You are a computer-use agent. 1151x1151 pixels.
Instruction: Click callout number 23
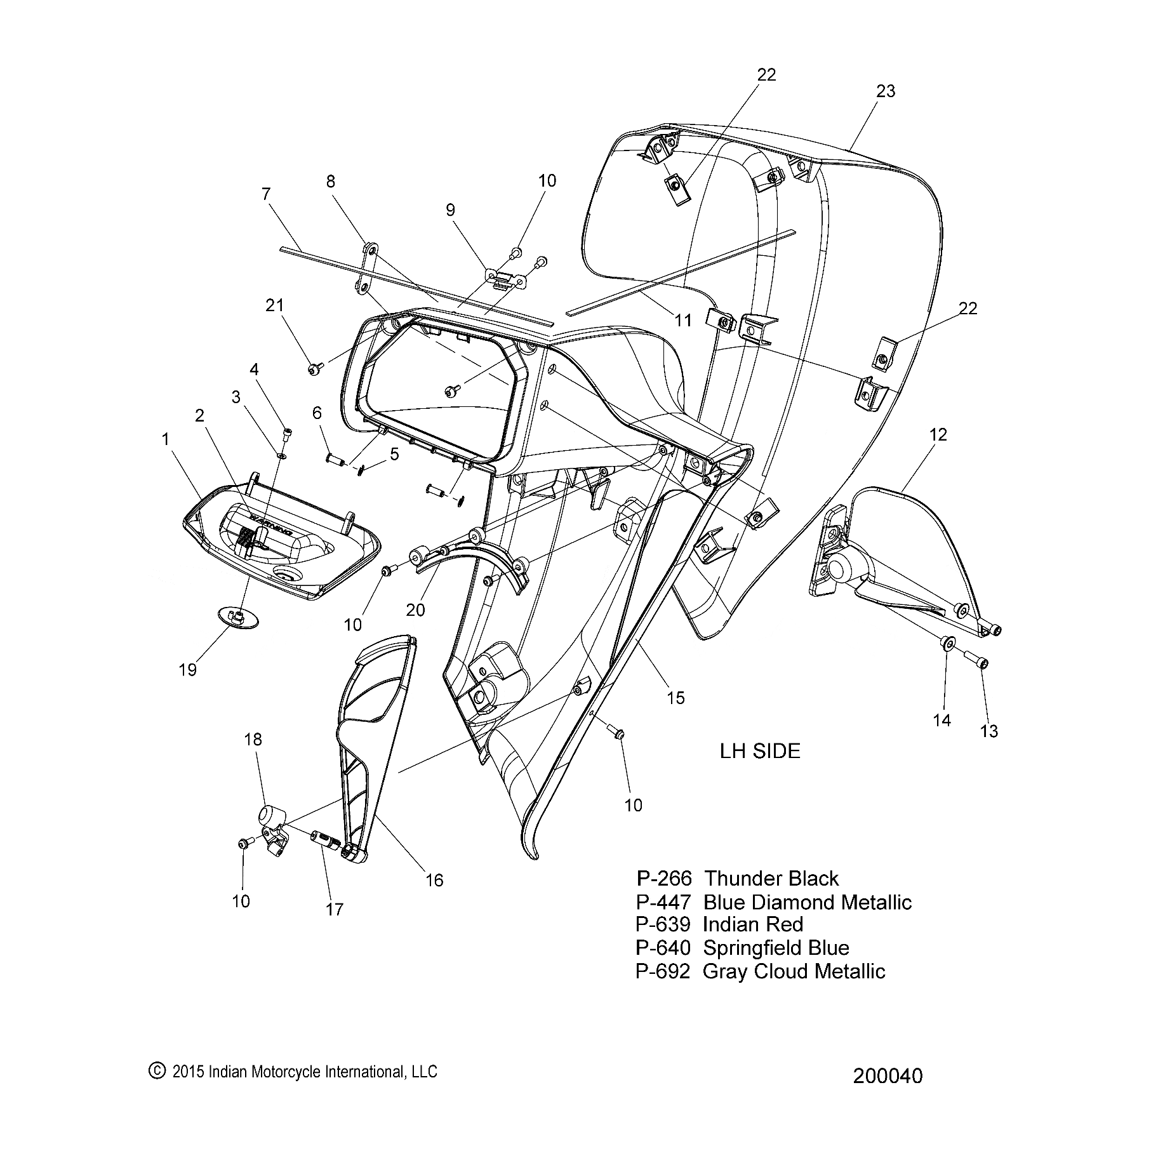pos(885,91)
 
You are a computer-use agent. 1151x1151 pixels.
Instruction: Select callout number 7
pos(266,194)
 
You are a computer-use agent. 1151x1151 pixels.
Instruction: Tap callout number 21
pos(274,305)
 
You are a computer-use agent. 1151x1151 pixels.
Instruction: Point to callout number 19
pos(188,670)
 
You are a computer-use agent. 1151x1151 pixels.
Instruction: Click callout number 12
pos(938,435)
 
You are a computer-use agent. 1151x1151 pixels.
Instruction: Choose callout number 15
pos(676,698)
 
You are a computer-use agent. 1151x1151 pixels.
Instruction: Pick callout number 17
pos(335,910)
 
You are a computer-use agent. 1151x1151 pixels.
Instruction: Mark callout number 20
pos(415,609)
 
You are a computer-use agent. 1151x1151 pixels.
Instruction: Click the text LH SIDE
pos(760,751)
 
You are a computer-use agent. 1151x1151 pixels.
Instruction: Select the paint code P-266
pos(663,879)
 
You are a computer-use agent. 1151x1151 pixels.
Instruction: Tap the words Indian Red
pos(753,924)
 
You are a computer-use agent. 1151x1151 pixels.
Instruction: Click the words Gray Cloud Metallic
pos(794,971)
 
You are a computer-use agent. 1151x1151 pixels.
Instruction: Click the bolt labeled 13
pos(977,662)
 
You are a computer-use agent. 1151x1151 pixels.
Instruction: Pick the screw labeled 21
pos(315,368)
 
